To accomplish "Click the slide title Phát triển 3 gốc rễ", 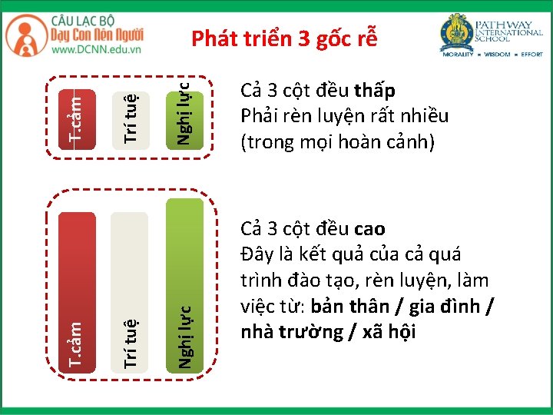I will click(x=284, y=38).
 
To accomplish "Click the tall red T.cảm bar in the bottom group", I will click(x=77, y=292).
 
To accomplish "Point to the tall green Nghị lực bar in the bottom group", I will click(x=185, y=284).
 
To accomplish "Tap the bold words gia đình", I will click(x=449, y=307).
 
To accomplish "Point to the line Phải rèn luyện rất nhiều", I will click(x=344, y=117).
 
